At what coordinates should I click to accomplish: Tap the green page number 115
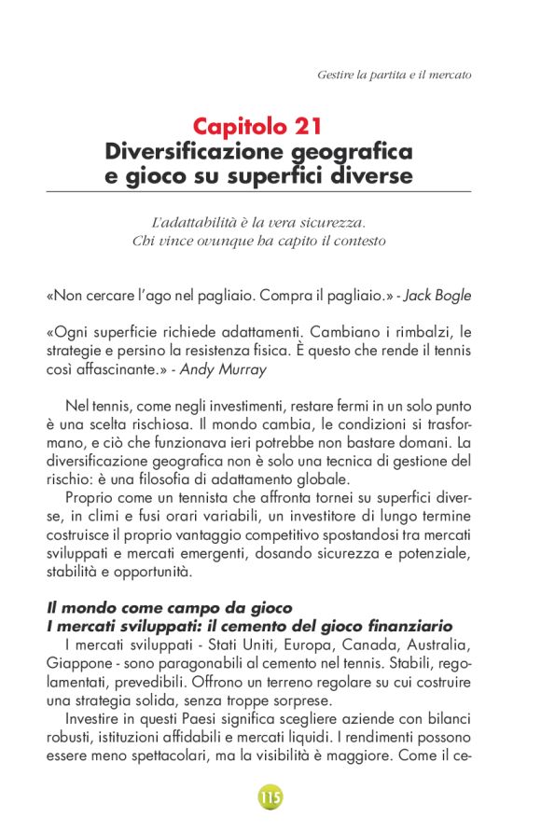(x=270, y=797)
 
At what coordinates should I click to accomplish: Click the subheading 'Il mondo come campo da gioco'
(x=170, y=608)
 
